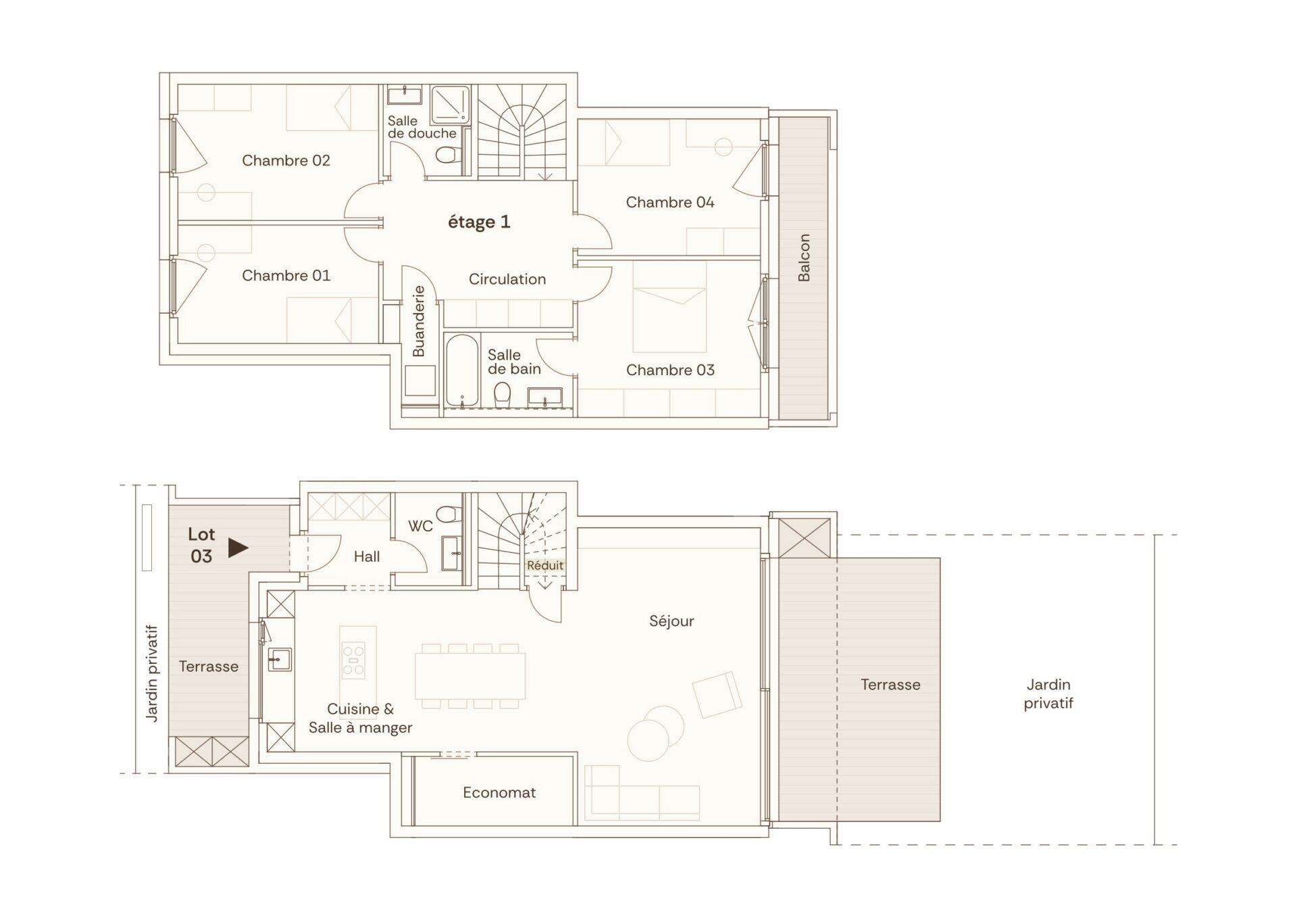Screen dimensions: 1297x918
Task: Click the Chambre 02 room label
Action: (286, 161)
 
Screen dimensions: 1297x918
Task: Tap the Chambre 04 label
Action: (670, 203)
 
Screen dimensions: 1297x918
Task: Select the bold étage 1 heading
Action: (479, 222)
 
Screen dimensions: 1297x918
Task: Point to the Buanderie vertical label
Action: (419, 321)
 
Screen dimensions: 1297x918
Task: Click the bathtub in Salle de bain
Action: (462, 371)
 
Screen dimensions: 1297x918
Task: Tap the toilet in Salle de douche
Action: (447, 155)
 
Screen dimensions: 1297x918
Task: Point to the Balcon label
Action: (804, 258)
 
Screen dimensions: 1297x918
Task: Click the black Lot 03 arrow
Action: (238, 548)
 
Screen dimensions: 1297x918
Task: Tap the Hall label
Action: (367, 557)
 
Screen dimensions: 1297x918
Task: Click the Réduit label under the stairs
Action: (545, 565)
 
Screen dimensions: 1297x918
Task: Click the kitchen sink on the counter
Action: (280, 659)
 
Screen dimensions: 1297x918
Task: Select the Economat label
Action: (499, 793)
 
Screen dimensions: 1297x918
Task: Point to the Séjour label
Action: (671, 621)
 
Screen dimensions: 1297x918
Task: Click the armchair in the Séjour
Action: (717, 694)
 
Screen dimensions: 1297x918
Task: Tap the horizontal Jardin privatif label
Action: (1048, 694)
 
